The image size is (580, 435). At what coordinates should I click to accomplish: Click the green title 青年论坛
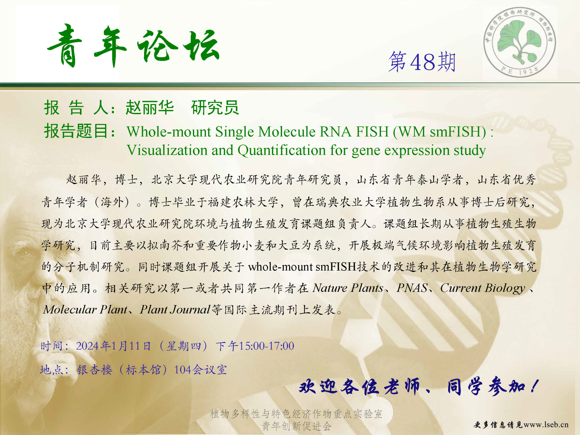pos(133,46)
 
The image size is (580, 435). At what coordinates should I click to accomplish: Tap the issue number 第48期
pos(422,62)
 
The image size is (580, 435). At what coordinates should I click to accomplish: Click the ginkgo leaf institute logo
pos(520,42)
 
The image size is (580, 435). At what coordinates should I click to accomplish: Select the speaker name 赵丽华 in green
pos(150,107)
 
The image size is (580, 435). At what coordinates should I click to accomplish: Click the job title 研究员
pos(215,107)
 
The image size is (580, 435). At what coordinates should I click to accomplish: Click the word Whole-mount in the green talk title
pos(169,132)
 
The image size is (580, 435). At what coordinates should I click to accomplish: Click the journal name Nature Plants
pos(348,288)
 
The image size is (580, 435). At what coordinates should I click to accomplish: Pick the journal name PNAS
pos(412,288)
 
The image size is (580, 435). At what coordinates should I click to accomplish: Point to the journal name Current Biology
pos(483,288)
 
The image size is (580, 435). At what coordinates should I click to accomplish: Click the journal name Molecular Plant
pos(85,310)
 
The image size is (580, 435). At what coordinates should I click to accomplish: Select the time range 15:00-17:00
pos(266,346)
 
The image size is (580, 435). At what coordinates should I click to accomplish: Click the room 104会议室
pos(200,370)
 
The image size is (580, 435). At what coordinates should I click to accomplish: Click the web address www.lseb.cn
pos(546,425)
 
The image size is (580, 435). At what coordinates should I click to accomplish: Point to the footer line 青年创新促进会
pos(296,426)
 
